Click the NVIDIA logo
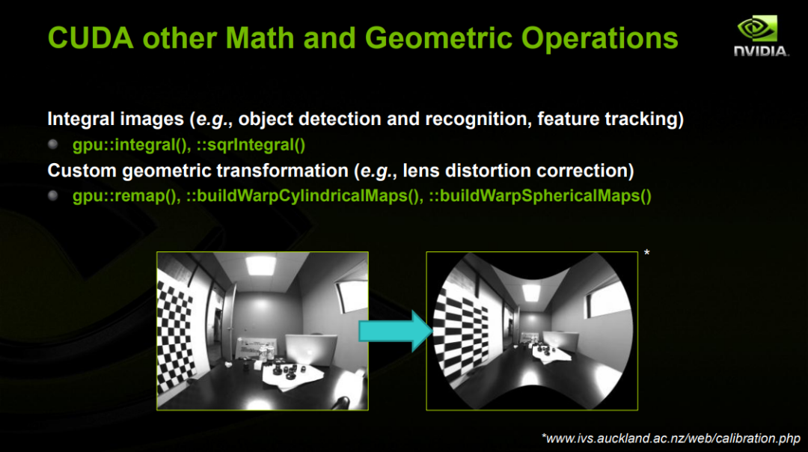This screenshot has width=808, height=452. pos(761,35)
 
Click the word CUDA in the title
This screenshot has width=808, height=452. pos(91,38)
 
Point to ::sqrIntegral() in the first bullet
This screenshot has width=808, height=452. pos(251,145)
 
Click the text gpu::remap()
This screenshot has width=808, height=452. pos(126,196)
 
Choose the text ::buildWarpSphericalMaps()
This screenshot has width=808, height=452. pos(540,196)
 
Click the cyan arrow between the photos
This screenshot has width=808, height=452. pos(395,331)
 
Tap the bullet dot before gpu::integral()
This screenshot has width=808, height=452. pos(52,144)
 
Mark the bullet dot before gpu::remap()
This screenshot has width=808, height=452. pos(52,195)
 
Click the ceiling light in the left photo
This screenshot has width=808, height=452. pos(261,265)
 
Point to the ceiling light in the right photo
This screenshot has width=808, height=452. pos(531,293)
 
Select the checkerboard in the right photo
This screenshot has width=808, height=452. pos(460,332)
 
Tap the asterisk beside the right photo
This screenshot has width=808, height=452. pos(646,253)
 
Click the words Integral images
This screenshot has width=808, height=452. pos(115,119)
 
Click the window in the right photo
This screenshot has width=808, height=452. pos(608,303)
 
